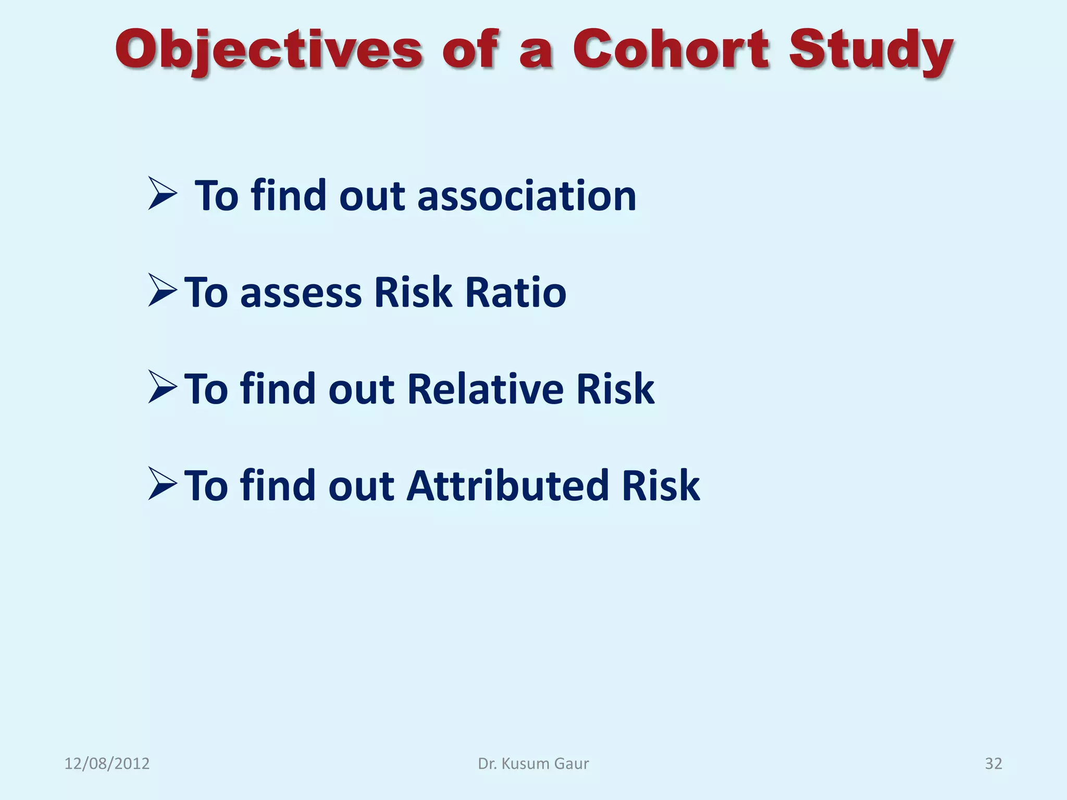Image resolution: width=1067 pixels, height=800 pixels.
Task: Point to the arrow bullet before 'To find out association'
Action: pos(162,194)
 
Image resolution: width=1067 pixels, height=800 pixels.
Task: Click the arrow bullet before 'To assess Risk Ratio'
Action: pos(162,290)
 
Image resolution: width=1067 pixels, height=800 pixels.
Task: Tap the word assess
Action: pos(301,293)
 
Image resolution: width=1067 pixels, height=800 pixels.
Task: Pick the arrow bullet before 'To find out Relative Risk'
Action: pos(162,387)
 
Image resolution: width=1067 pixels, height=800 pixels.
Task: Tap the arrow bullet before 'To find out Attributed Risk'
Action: pos(162,484)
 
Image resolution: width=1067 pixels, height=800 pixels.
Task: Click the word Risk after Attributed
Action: pos(660,485)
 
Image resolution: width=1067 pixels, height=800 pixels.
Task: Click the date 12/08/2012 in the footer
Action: pos(107,764)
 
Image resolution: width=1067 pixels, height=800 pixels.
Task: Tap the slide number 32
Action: pos(993,764)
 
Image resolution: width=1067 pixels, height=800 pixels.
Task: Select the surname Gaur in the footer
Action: pos(572,764)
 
